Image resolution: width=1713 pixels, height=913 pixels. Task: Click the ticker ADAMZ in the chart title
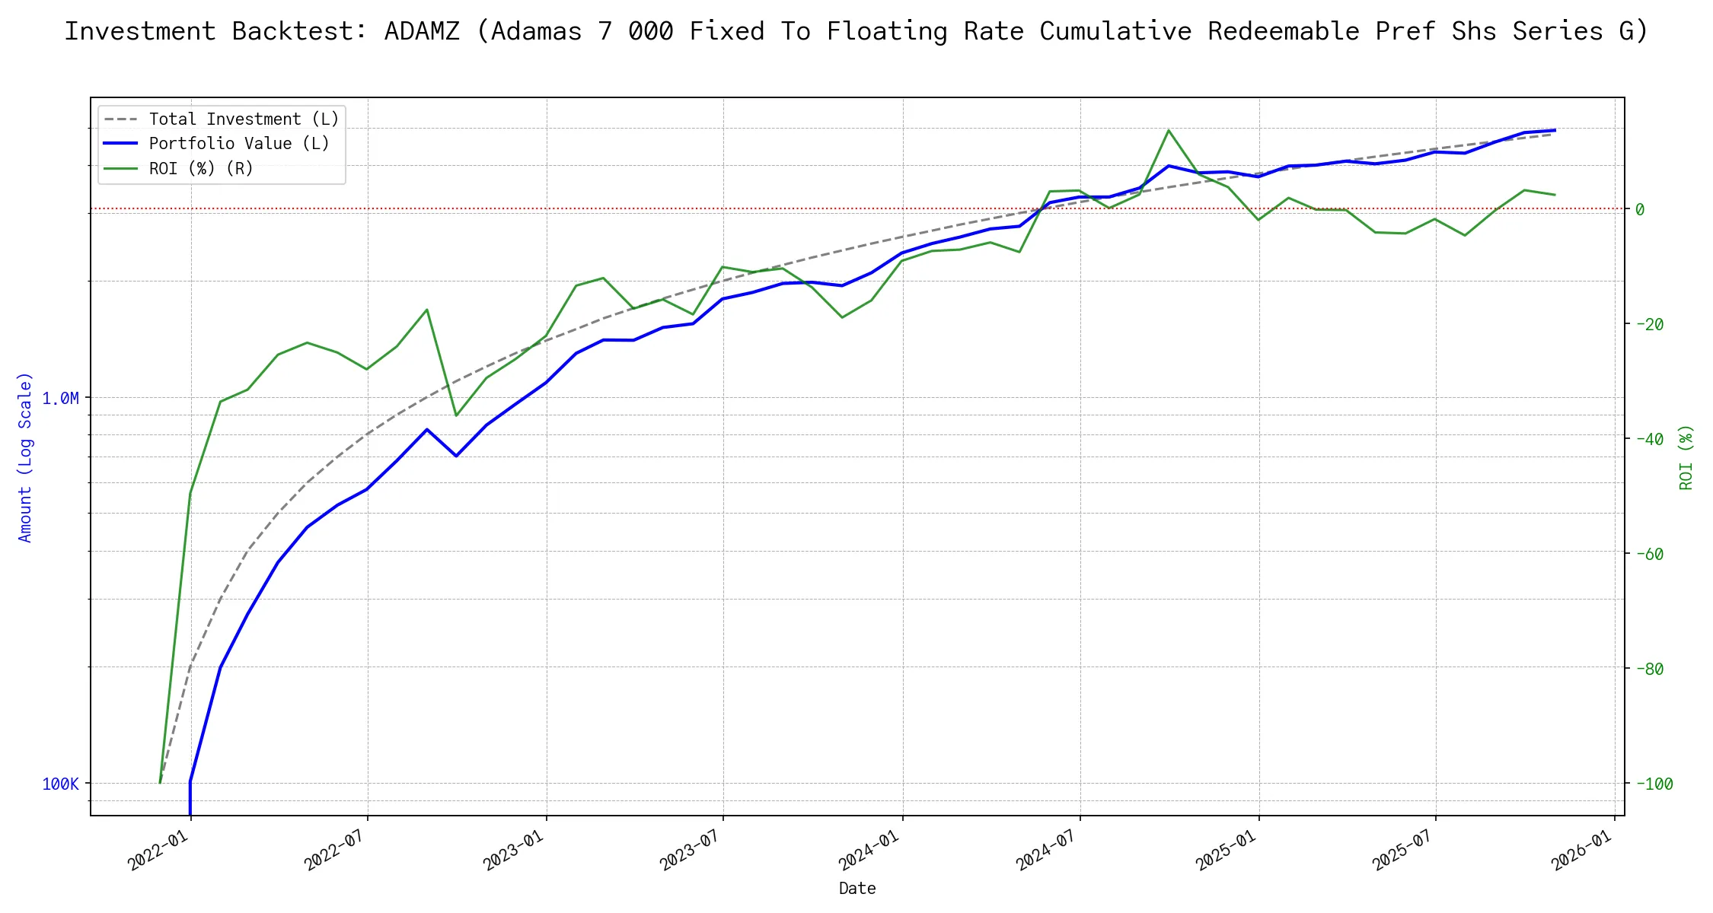[422, 31]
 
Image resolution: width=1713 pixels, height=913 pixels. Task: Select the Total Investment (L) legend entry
[244, 119]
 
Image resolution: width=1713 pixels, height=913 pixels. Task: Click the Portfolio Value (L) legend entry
[239, 144]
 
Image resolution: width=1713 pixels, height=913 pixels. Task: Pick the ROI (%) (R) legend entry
[201, 169]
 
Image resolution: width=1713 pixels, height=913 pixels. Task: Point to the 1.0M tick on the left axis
[60, 399]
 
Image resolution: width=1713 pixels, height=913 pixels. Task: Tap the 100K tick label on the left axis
[60, 784]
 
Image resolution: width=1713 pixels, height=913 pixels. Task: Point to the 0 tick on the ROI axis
[1640, 209]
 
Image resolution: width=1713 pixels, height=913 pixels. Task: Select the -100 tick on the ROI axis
[1654, 784]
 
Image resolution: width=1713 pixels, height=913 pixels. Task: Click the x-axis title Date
[857, 889]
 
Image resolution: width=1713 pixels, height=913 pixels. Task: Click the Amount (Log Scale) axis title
[25, 457]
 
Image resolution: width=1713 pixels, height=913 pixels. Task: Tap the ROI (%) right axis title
[1686, 457]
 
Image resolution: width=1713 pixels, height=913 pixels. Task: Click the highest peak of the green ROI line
[1169, 131]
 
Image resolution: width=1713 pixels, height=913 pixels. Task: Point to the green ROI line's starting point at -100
[160, 782]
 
